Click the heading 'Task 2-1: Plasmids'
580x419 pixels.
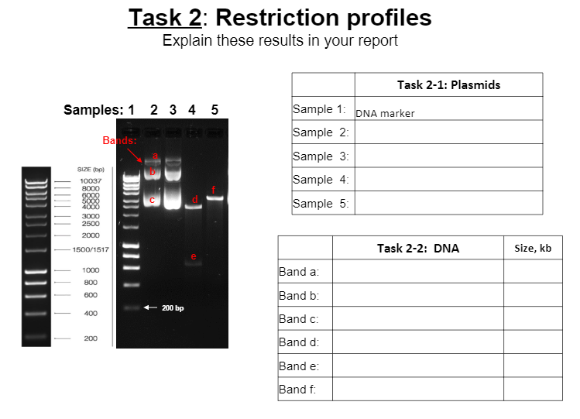448,84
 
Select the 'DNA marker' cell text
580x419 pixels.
385,113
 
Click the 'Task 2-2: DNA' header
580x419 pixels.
417,248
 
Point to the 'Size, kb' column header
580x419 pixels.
532,248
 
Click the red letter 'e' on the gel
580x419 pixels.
194,256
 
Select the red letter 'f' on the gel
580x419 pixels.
213,190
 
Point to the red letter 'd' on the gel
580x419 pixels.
195,200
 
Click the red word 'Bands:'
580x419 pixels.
120,141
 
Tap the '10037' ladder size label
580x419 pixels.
91,181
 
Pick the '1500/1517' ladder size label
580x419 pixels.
91,250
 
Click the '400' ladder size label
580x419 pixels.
91,313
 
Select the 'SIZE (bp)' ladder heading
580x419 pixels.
91,169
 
